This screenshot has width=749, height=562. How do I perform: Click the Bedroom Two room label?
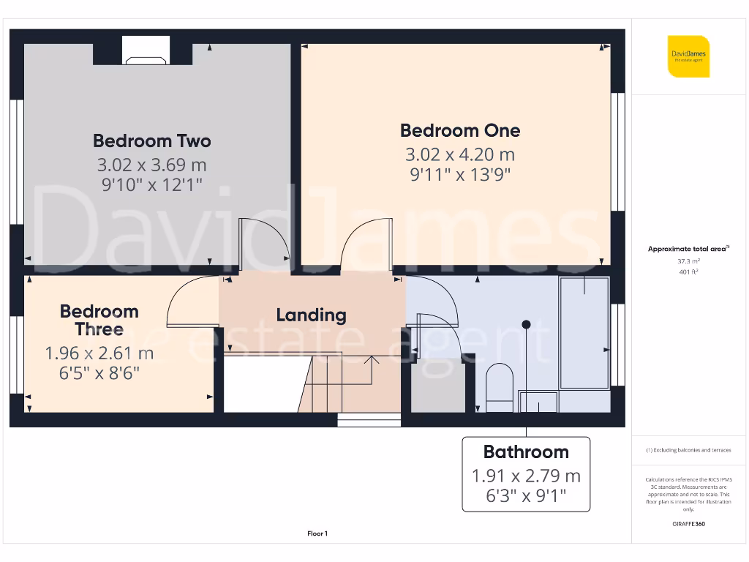click(152, 140)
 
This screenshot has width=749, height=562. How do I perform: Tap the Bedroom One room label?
click(460, 130)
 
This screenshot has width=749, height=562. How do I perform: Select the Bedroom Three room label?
click(99, 320)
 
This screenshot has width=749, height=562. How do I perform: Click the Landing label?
click(311, 315)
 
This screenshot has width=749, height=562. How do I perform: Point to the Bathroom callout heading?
click(526, 452)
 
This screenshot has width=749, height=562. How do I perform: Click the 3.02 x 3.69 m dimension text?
click(152, 164)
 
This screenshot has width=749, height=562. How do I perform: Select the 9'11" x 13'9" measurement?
click(460, 175)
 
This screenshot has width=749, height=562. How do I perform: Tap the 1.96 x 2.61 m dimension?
click(99, 353)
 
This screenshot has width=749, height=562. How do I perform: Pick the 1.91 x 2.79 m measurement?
click(526, 476)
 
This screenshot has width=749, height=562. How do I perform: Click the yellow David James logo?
click(688, 56)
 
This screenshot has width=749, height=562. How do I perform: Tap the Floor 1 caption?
click(317, 534)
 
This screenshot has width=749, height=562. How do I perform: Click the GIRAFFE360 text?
click(688, 524)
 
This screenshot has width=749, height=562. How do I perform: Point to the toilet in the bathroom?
click(500, 384)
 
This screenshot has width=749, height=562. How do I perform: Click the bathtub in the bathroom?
click(584, 333)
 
